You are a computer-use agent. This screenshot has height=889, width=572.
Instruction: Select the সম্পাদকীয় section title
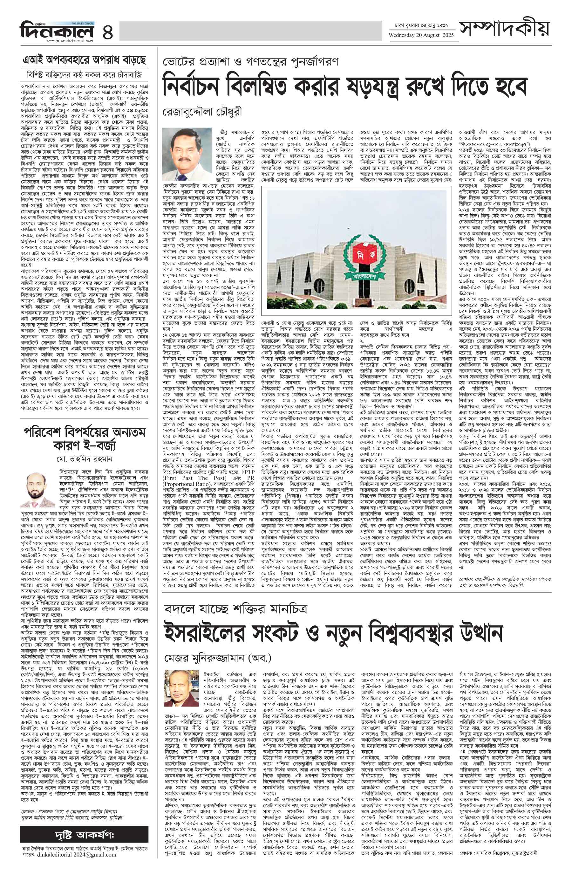[x=504, y=29]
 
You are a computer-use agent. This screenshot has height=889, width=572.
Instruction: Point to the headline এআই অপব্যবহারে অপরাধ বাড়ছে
[x=84, y=59]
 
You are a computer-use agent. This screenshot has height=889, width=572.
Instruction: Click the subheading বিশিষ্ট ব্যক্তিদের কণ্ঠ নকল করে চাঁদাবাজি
[x=84, y=74]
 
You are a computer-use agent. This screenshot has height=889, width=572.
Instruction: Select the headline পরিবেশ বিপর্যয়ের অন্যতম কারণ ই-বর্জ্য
[x=84, y=438]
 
